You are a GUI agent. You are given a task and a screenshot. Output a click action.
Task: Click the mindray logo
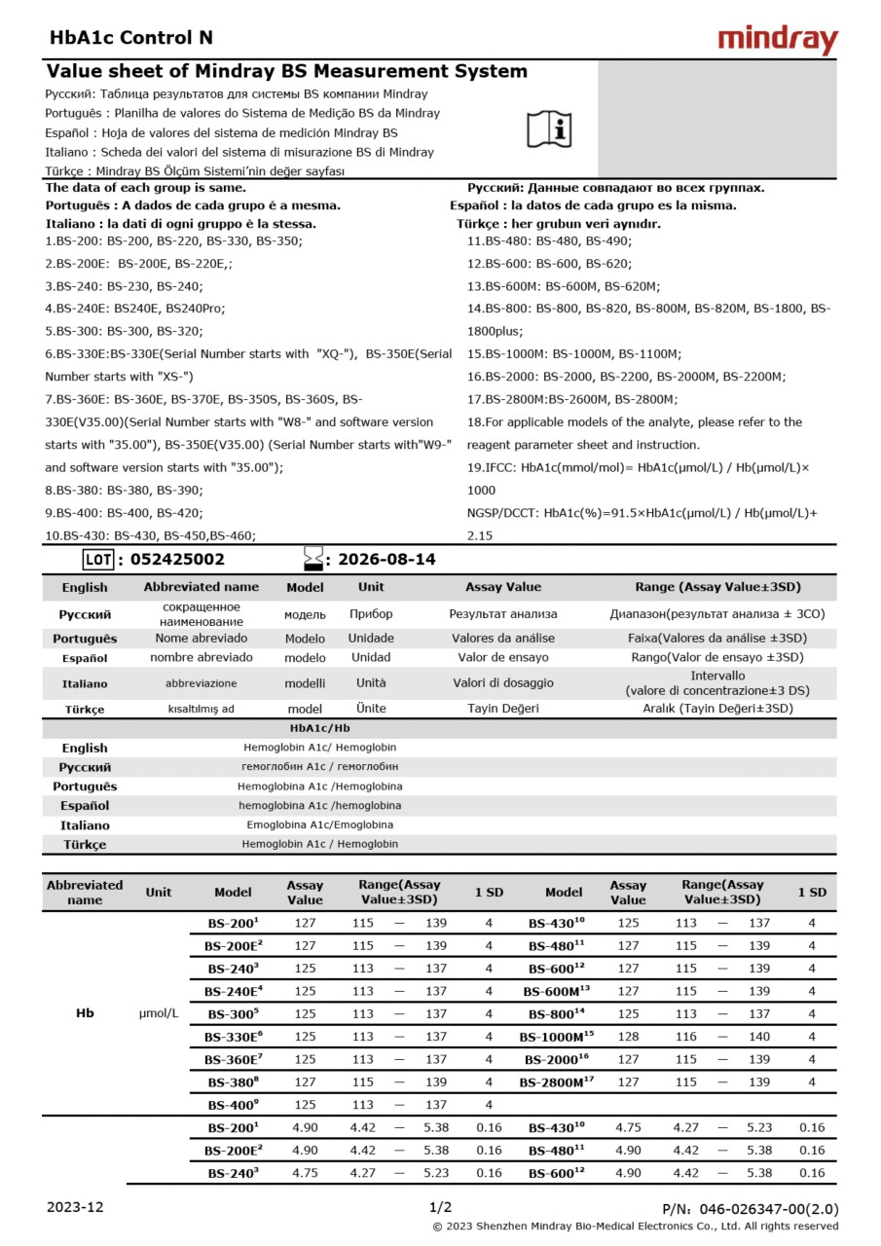pyautogui.click(x=777, y=39)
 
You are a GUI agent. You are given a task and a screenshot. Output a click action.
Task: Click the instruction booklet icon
pyautogui.click(x=549, y=128)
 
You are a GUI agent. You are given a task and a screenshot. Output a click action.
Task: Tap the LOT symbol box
pyautogui.click(x=98, y=560)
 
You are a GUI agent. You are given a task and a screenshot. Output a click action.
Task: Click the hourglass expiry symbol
pyautogui.click(x=313, y=559)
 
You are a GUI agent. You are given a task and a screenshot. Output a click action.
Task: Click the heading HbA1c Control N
pyautogui.click(x=130, y=38)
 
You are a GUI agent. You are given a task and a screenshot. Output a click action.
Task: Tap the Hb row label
pyautogui.click(x=85, y=1013)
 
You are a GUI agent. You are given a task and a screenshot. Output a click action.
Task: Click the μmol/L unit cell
pyautogui.click(x=159, y=1013)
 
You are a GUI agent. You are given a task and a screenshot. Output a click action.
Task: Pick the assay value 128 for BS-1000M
pyautogui.click(x=628, y=1037)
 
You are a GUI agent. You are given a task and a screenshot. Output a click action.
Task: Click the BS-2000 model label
pyautogui.click(x=557, y=1059)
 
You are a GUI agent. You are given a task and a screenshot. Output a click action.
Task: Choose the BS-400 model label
pyautogui.click(x=233, y=1105)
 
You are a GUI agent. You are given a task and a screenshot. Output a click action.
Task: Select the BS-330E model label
pyautogui.click(x=233, y=1037)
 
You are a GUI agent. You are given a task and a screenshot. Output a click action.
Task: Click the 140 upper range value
pyautogui.click(x=758, y=1037)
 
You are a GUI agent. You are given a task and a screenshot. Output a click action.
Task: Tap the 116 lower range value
pyautogui.click(x=686, y=1037)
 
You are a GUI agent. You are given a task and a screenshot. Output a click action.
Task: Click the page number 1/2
pyautogui.click(x=440, y=1207)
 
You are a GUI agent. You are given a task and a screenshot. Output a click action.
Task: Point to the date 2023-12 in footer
pyautogui.click(x=75, y=1207)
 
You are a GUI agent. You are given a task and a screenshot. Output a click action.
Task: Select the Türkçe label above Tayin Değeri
pyautogui.click(x=85, y=710)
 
